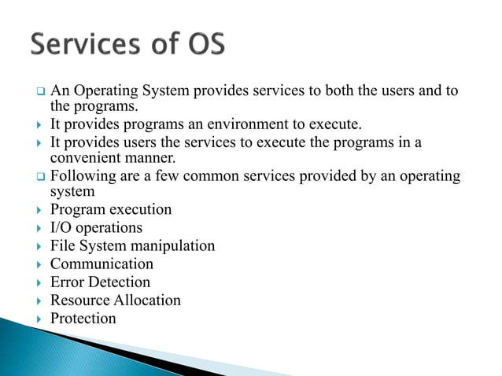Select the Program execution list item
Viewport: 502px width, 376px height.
pos(110,210)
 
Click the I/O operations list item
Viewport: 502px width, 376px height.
pos(96,228)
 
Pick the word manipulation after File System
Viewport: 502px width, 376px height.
pos(173,246)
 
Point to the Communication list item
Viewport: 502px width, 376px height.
pos(102,264)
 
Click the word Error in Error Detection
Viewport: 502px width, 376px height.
pos(68,282)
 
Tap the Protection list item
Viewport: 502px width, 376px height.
pos(83,319)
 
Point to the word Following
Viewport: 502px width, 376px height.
pos(82,175)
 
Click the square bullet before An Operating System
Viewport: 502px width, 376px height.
pos(39,92)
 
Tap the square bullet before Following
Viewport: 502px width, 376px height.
pos(39,175)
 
